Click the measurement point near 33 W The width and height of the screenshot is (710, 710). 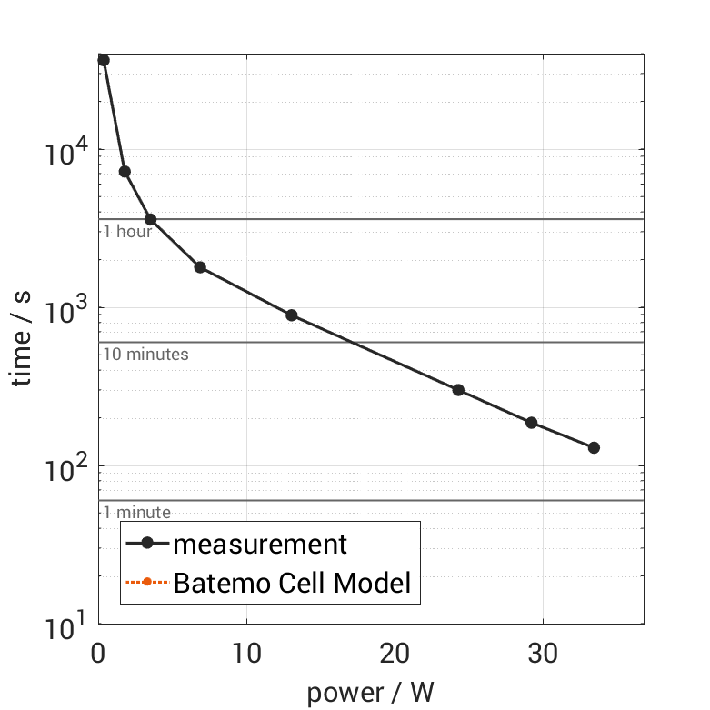pos(594,447)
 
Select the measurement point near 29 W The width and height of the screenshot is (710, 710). pos(532,423)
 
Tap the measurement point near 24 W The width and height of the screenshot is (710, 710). pos(458,390)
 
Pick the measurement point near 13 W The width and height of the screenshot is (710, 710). pos(292,315)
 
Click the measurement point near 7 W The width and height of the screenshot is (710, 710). pos(200,267)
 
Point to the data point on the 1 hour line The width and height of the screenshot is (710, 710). pos(151,219)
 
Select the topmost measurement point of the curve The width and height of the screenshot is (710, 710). pos(104,60)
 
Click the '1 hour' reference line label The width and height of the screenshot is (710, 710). pos(127,231)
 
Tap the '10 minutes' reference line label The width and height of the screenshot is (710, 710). pos(145,354)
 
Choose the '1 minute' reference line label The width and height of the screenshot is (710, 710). pos(136,512)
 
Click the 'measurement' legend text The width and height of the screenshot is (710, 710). pos(260,544)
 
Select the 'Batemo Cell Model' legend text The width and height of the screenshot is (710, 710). pos(292,583)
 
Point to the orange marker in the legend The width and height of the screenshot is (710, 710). pos(146,583)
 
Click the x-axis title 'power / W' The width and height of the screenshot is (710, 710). pos(370,693)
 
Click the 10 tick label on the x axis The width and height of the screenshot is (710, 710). pos(245,653)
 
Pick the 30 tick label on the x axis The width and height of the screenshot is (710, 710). pos(543,653)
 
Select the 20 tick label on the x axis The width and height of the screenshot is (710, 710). pos(395,653)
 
